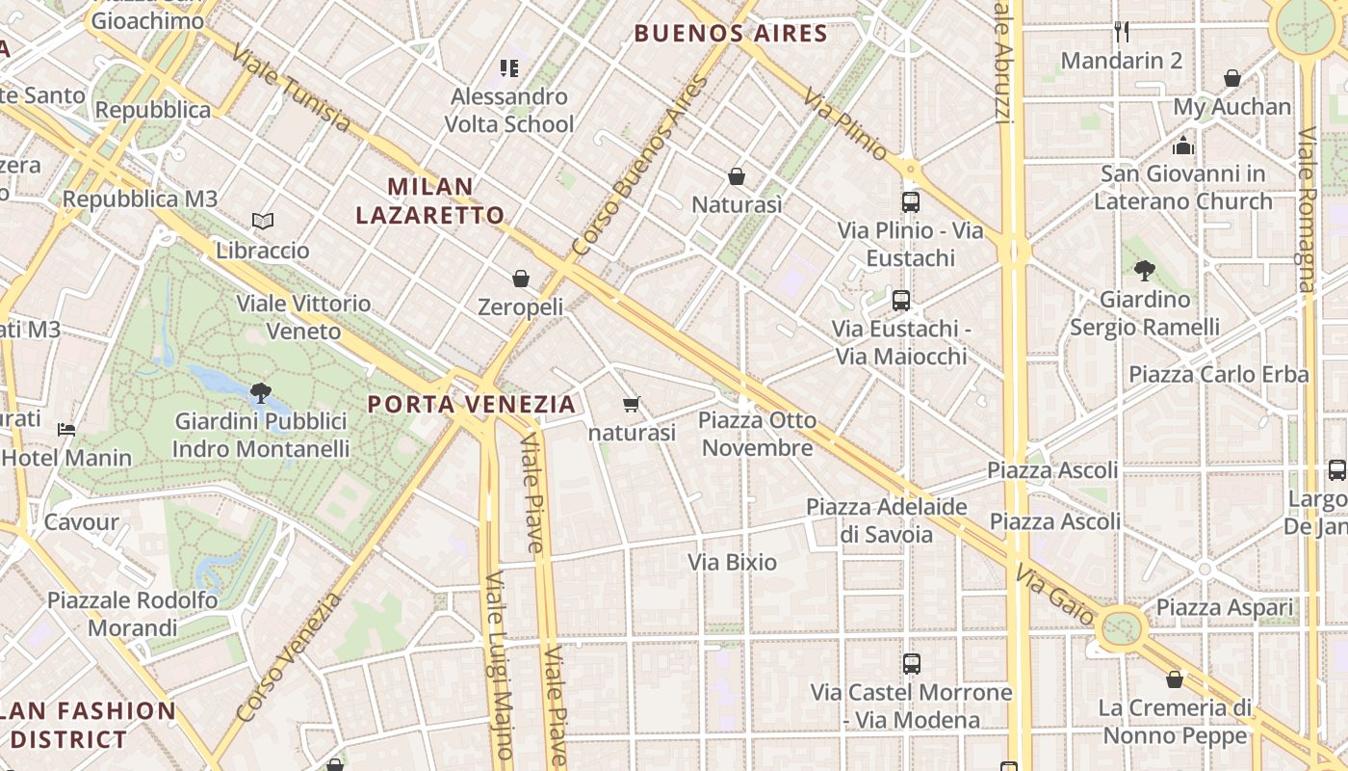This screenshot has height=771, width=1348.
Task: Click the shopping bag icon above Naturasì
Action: point(737,176)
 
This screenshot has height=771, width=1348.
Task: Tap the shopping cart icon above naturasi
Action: point(632,405)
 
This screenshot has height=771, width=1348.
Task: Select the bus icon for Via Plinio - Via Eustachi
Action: point(911,202)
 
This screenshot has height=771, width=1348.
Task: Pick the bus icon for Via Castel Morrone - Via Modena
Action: point(912,664)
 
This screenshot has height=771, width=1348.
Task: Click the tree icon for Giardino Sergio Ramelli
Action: point(1145,271)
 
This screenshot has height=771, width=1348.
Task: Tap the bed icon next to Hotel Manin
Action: point(66,429)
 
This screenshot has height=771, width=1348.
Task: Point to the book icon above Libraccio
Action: point(263,222)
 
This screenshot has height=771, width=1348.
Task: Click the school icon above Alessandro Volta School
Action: point(509,68)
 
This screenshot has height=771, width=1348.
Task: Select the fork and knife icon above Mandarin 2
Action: point(1121,32)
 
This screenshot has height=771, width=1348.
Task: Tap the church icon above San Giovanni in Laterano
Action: point(1183,146)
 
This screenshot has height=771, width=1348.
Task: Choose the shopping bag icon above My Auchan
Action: point(1232,78)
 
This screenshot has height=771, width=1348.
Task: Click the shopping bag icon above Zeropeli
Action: point(521,279)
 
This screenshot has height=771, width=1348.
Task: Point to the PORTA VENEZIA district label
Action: point(472,405)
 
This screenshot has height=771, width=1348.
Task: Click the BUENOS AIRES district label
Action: point(731,34)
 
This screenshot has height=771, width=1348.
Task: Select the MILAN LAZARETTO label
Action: point(430,200)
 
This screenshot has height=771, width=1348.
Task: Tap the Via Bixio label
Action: point(733,562)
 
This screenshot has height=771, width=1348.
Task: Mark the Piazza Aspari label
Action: point(1225,608)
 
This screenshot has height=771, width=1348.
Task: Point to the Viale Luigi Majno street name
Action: point(499,665)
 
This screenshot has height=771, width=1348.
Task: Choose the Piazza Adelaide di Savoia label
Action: point(887,520)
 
